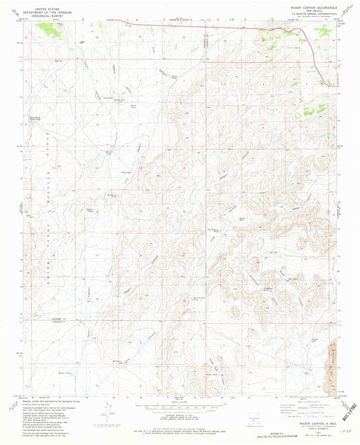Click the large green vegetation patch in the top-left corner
click(x=47, y=28)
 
